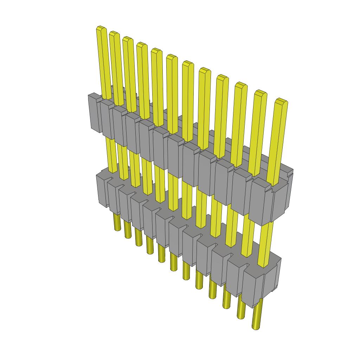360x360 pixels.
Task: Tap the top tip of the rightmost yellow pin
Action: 281,101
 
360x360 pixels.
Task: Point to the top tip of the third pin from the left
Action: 128,39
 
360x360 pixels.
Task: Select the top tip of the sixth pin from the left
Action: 172,57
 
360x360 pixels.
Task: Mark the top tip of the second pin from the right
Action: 260,93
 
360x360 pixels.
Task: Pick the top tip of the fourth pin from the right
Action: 222,77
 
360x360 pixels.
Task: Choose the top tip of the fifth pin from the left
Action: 156,51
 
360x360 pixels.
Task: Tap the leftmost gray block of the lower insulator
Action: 102,190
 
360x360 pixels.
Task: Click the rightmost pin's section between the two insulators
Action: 267,243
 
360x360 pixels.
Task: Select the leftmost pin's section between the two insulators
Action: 111,155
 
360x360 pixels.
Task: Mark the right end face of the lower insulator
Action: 273,278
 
